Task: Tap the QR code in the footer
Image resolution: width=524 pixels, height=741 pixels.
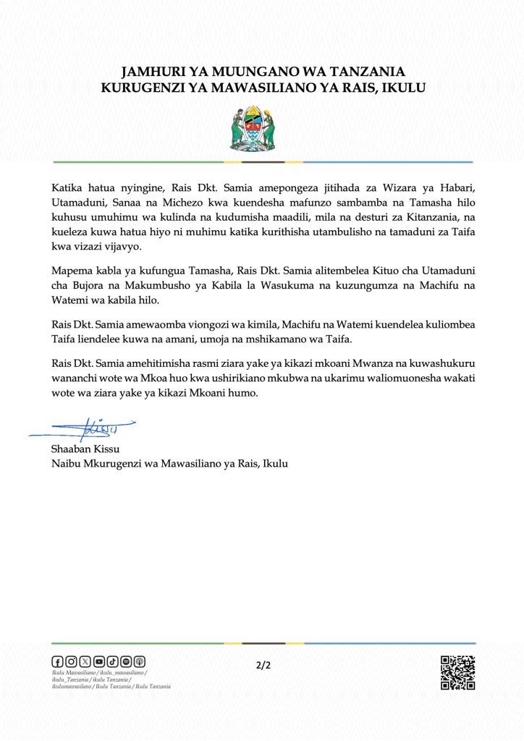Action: point(457,672)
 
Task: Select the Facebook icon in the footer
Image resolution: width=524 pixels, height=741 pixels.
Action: point(57,661)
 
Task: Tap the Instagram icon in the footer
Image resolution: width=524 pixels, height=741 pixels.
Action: point(71,661)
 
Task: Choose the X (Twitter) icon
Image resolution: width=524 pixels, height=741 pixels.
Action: point(85,661)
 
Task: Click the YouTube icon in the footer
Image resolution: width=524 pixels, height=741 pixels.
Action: point(98,661)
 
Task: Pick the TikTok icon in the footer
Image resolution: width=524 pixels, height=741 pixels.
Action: point(112,661)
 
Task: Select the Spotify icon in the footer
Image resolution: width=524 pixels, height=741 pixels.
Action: point(126,661)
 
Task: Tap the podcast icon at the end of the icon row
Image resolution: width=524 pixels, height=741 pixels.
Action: point(140,661)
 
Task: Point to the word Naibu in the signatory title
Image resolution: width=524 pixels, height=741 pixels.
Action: point(66,464)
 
